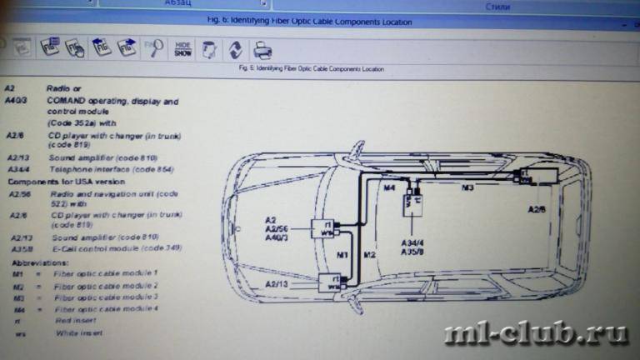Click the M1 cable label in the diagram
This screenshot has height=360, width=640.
pos(341,253)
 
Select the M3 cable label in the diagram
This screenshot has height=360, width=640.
pos(467,188)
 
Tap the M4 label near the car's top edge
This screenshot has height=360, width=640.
pos(388,188)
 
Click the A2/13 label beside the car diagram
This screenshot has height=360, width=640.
pos(278,284)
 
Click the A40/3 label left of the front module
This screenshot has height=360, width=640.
pos(277,238)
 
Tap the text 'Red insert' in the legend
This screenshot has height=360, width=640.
pos(76,319)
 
